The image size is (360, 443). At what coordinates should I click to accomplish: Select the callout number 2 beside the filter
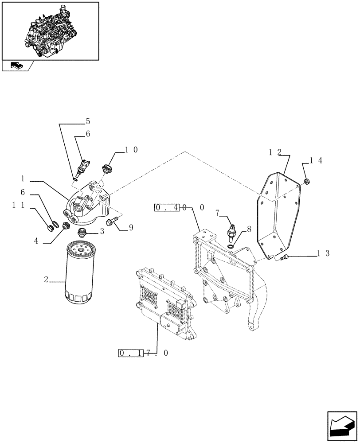46,280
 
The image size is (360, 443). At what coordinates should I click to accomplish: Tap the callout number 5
88,121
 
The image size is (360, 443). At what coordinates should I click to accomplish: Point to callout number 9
131,228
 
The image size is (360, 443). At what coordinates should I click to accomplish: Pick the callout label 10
131,150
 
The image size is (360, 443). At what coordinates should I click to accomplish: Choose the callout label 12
275,152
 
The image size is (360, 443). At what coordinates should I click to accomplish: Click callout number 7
218,214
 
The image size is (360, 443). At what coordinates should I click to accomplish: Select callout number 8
249,229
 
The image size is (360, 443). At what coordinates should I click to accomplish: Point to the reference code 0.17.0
143,353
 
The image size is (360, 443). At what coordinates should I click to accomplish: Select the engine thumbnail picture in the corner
50,31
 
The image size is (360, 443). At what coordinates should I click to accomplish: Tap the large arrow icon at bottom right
342,426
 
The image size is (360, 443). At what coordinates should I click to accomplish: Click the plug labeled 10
106,169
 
